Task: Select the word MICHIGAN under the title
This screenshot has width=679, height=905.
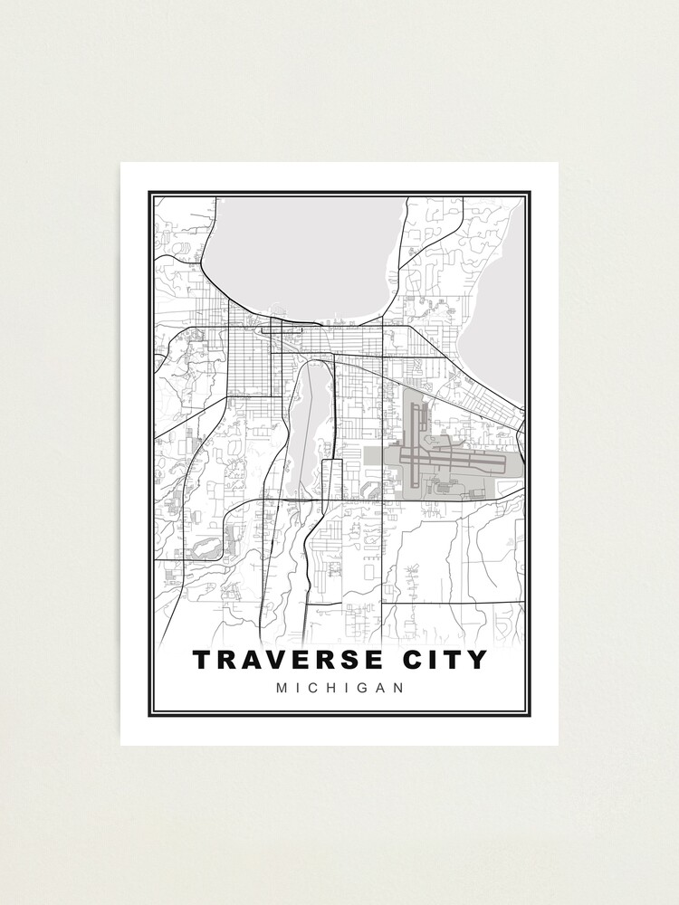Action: [x=339, y=688]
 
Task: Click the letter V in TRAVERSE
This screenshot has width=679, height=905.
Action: [x=276, y=660]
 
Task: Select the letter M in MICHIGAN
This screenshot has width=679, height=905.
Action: [x=282, y=688]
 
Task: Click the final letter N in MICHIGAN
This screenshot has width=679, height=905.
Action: [x=397, y=688]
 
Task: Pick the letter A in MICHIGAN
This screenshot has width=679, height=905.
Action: [x=379, y=688]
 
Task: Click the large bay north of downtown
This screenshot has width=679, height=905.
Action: [x=299, y=253]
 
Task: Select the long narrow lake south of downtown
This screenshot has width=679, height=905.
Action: [x=305, y=425]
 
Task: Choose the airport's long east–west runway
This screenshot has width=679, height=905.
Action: [x=453, y=459]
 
